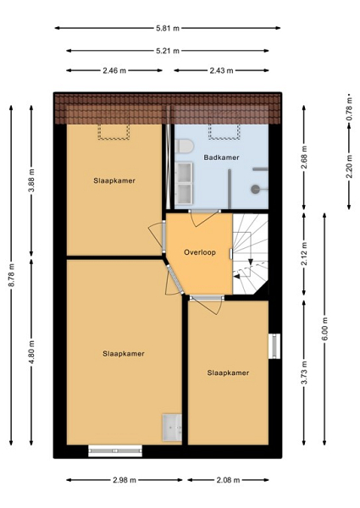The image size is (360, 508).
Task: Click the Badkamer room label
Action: coord(221,157)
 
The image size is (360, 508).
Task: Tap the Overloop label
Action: coord(200,252)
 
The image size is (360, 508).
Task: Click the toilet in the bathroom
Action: coord(185,146)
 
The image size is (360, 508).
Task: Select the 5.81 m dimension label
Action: coord(168,28)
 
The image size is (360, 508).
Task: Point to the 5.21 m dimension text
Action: coord(168,51)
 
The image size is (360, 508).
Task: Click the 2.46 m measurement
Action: coord(114,70)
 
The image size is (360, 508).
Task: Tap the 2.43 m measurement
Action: coord(221,70)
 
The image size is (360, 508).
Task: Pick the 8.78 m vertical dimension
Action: coord(11,275)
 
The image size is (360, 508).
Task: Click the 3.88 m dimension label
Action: coord(31,181)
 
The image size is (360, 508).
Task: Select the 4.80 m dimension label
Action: coord(31,352)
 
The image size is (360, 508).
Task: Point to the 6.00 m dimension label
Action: coord(325,329)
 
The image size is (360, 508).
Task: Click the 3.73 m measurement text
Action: coord(304,373)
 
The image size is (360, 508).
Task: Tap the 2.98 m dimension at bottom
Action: coord(125,480)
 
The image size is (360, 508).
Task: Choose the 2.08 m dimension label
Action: coord(228,480)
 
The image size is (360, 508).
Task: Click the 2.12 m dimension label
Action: coord(304,254)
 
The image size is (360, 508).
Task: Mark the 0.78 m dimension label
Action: coord(349,109)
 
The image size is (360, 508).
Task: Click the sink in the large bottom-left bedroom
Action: coord(172,428)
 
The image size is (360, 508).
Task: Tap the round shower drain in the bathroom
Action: coord(255,189)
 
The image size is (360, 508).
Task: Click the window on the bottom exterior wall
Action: coord(115,451)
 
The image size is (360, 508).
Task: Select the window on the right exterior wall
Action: coord(274,346)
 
